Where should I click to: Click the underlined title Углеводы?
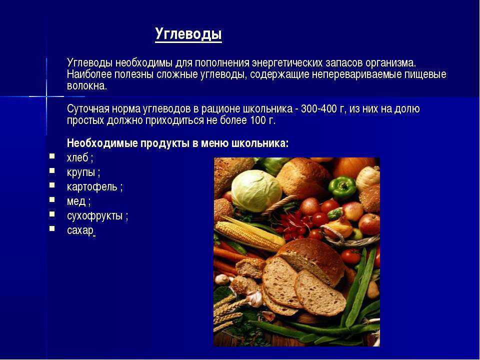click(188, 34)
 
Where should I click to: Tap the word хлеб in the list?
click(77, 157)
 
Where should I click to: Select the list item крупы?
click(81, 172)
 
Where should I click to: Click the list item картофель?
click(92, 186)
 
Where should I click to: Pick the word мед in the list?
click(76, 201)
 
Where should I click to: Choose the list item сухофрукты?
click(94, 216)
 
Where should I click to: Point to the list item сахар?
click(80, 230)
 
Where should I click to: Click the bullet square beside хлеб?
click(52, 156)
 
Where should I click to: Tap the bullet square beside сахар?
click(52, 228)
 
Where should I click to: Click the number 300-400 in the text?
click(318, 108)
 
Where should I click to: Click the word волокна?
click(86, 86)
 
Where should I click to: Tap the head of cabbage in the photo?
click(256, 190)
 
